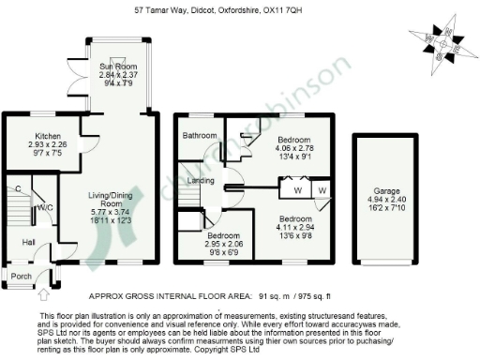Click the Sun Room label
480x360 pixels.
[118, 67]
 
